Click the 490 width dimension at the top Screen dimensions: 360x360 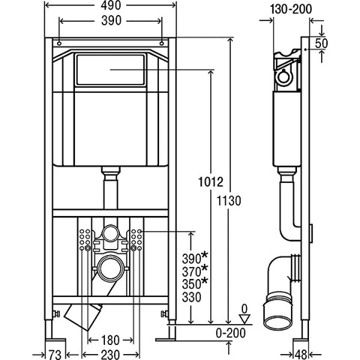click(111, 5)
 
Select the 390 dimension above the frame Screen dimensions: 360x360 click(111, 21)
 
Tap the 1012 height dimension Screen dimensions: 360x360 click(211, 181)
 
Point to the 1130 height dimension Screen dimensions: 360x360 click(229, 201)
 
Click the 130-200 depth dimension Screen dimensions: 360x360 click(291, 9)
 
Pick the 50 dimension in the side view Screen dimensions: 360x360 click(321, 43)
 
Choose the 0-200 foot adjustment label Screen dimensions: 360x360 click(230, 333)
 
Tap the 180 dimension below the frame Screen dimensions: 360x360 click(110, 340)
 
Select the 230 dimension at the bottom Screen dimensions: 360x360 click(110, 355)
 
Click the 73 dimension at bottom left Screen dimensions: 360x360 click(55, 355)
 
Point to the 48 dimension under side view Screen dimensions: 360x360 click(301, 355)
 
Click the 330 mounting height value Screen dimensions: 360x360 click(191, 297)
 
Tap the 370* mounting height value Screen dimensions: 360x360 click(195, 271)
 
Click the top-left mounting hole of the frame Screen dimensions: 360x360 click(59, 43)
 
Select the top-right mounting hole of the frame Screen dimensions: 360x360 click(162, 43)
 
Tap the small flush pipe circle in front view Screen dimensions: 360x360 click(110, 233)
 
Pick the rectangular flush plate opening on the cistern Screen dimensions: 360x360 click(110, 70)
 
